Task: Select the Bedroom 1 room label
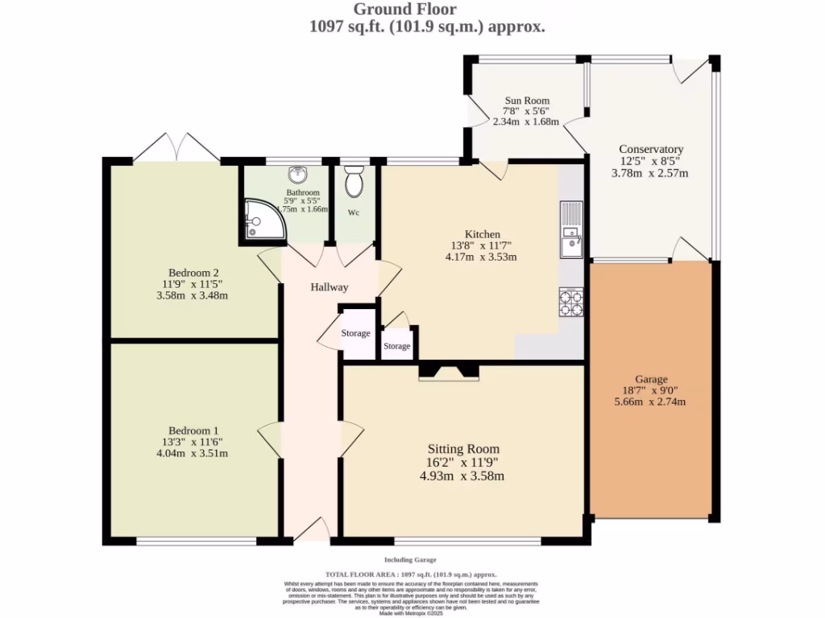[x=193, y=431]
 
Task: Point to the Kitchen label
[x=482, y=234]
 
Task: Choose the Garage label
[x=651, y=379]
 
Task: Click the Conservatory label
[x=650, y=149]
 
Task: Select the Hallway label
[x=330, y=287]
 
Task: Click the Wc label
[x=353, y=213]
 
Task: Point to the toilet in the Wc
[x=353, y=182]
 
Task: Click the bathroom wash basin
[x=298, y=174]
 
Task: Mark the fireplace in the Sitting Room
[x=449, y=372]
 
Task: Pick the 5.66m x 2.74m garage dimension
[x=650, y=402]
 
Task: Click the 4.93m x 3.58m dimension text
[x=462, y=476]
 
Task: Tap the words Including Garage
[x=410, y=559]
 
